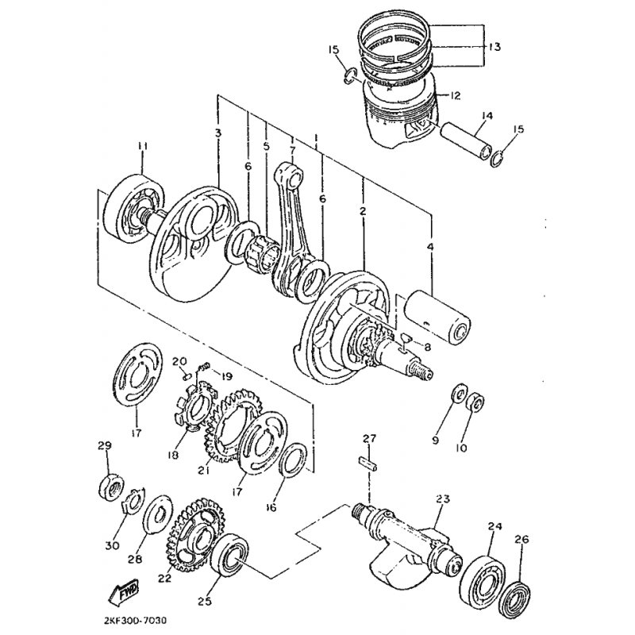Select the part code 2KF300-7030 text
click(x=132, y=620)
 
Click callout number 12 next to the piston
click(x=455, y=96)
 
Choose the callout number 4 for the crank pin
click(x=429, y=246)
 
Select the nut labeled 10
click(x=475, y=402)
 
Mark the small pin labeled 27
click(x=368, y=464)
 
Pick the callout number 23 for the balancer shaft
click(x=442, y=499)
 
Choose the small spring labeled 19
click(x=203, y=367)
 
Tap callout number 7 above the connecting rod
click(x=292, y=150)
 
